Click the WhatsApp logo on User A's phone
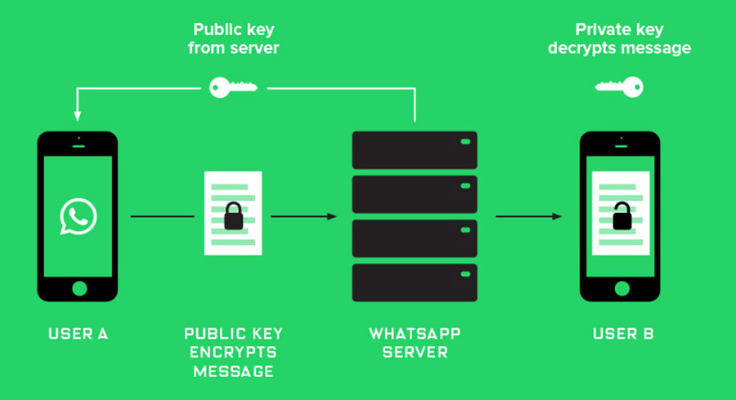79,217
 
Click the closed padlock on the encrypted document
234,216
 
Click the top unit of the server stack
414,149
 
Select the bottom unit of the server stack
414,282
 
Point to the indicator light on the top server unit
465,142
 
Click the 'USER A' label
79,334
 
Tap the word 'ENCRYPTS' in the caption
234,352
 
